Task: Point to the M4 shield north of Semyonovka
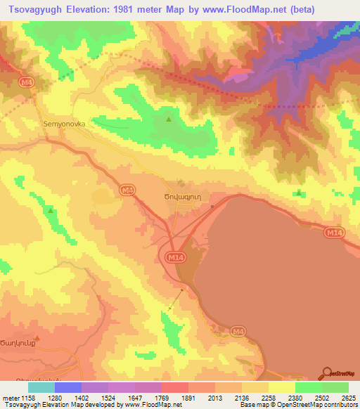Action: pos(27,82)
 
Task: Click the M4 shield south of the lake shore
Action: pos(238,331)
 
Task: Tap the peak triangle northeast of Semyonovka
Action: pos(168,119)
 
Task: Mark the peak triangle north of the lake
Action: pos(300,192)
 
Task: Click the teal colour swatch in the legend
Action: pos(41,387)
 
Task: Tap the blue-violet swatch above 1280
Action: pos(68,387)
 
